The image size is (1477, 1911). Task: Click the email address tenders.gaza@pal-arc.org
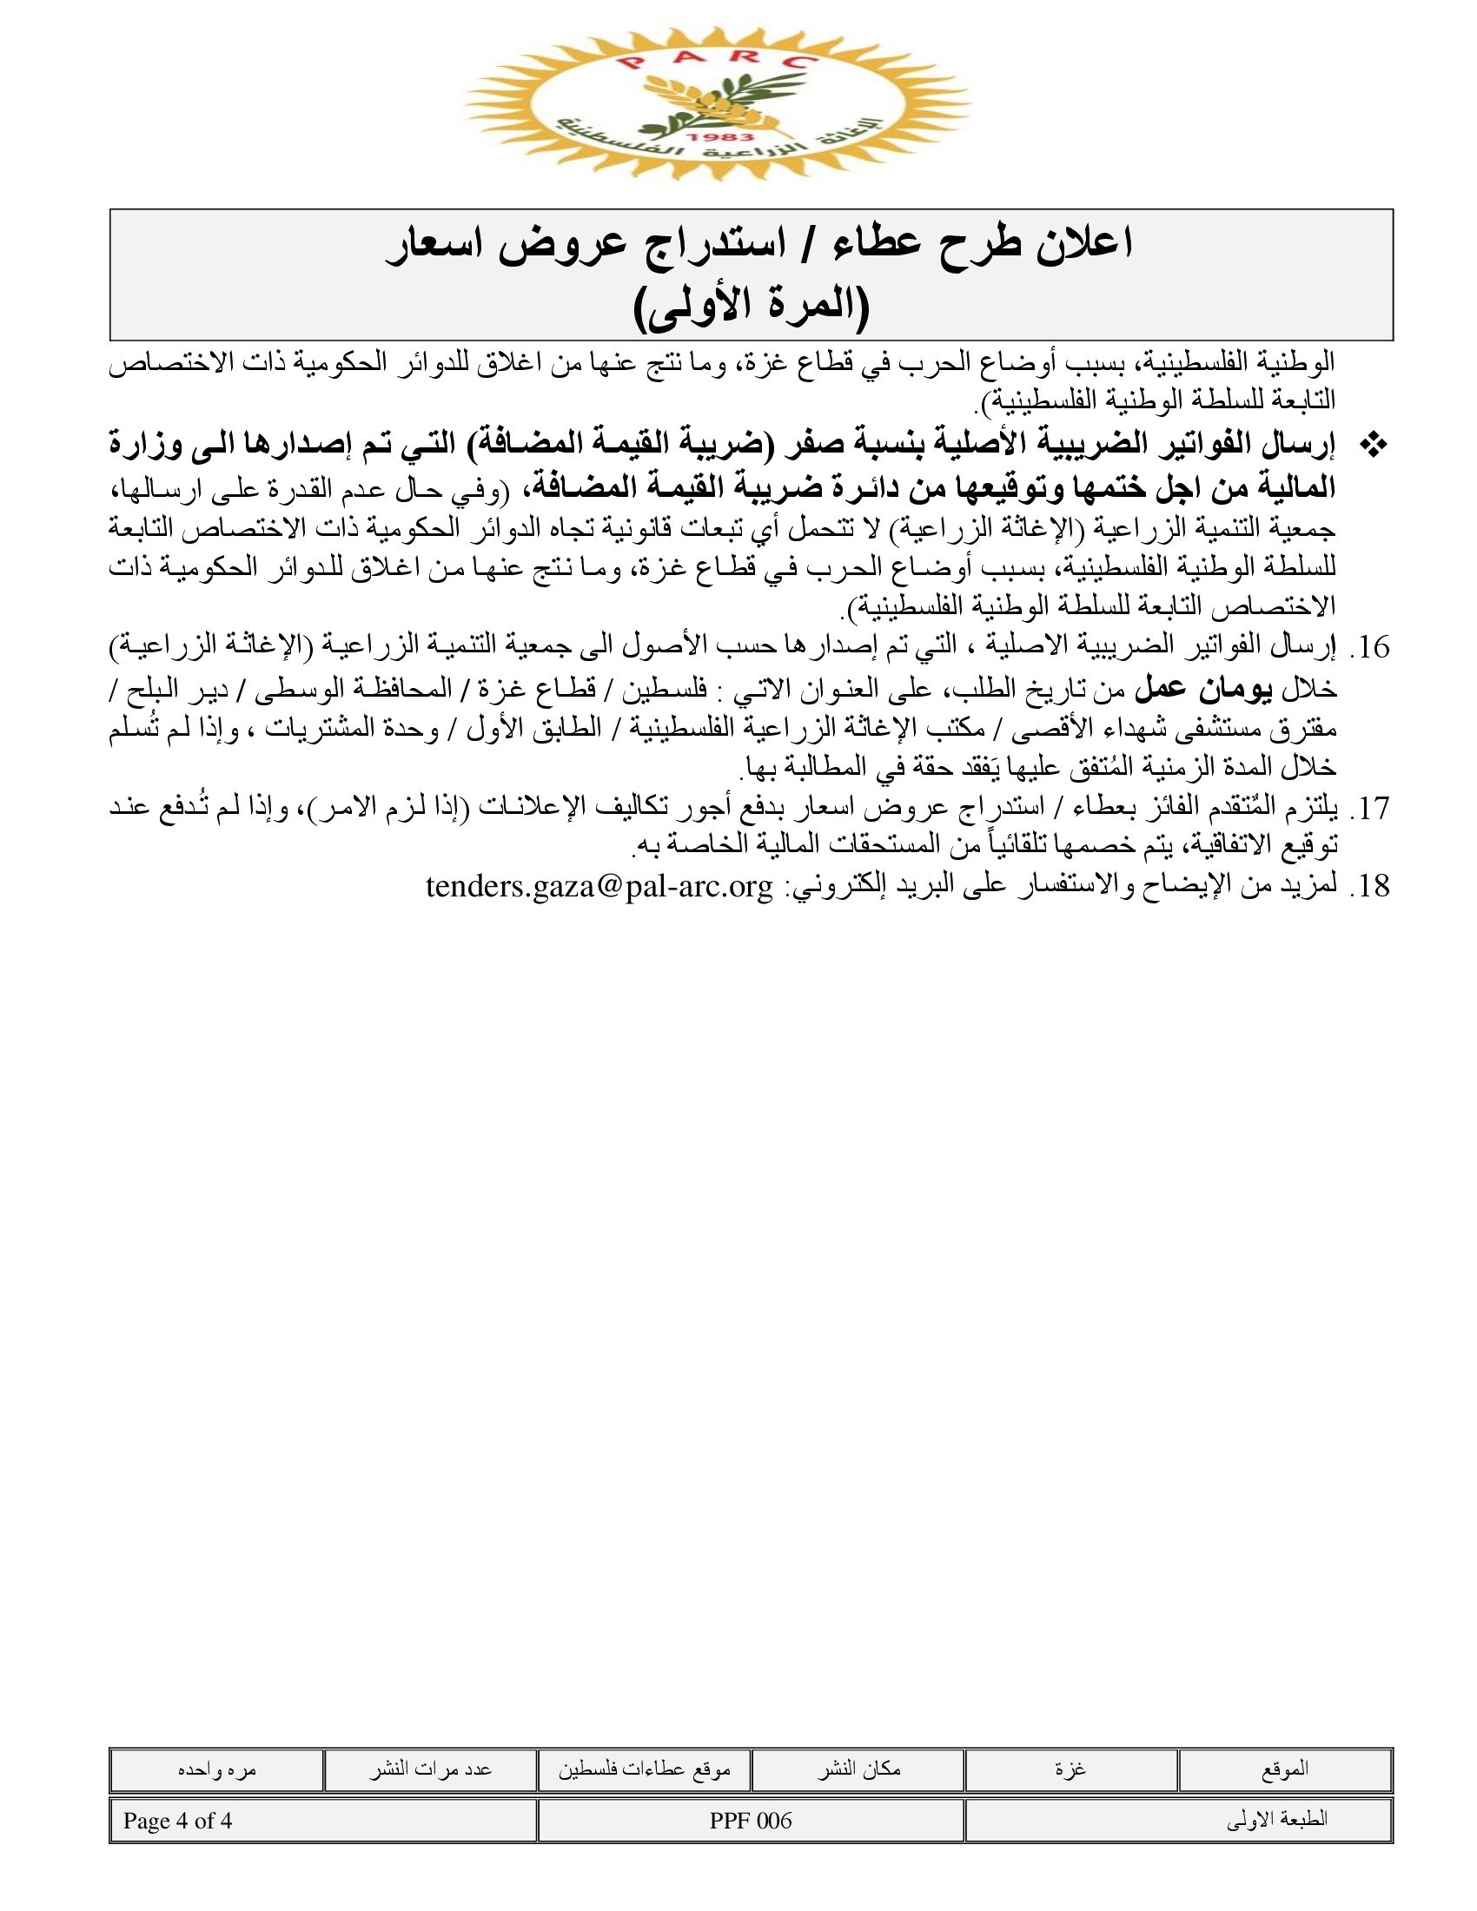pos(599,887)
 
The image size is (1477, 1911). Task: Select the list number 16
pos(1369,647)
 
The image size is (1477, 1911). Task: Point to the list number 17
pos(1369,809)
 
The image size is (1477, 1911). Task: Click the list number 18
pos(1369,887)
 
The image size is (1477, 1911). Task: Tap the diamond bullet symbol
pos(1374,446)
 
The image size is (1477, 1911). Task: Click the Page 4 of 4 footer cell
pos(177,1821)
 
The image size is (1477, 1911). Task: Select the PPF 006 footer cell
pos(750,1821)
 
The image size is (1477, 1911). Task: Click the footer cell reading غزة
pos(1070,1769)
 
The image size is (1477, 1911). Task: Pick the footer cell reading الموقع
pos(1284,1769)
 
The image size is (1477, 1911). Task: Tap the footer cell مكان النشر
pos(858,1769)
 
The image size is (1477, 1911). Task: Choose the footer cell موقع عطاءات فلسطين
pos(644,1769)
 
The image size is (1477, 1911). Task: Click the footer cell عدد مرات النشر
pos(430,1769)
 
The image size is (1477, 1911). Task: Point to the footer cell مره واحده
pos(216,1769)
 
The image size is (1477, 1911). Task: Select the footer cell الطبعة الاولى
pos(1276,1821)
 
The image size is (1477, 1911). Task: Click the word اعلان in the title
pos(1083,244)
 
